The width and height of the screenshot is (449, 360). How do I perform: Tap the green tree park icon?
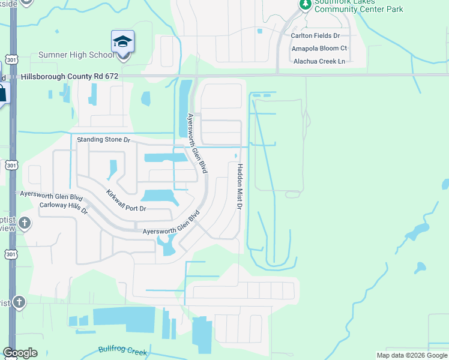tap(305, 5)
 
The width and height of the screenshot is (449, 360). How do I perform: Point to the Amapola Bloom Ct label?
tap(319, 48)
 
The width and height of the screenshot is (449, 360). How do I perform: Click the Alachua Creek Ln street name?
tap(319, 61)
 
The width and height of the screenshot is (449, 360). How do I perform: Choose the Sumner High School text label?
tap(76, 55)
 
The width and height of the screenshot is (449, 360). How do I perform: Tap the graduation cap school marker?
tap(122, 43)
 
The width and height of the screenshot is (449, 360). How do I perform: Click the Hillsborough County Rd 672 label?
tap(70, 77)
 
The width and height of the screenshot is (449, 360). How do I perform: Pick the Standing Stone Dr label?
tap(104, 139)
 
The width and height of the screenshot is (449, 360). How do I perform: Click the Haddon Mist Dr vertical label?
tap(239, 187)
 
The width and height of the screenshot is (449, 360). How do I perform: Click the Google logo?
tap(20, 353)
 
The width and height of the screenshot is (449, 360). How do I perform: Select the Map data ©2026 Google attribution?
tap(412, 355)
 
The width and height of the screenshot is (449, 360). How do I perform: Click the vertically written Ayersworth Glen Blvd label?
tap(197, 144)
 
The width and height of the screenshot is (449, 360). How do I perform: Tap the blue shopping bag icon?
tap(2, 93)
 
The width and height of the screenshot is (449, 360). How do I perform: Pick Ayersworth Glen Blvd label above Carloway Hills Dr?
tap(51, 196)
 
